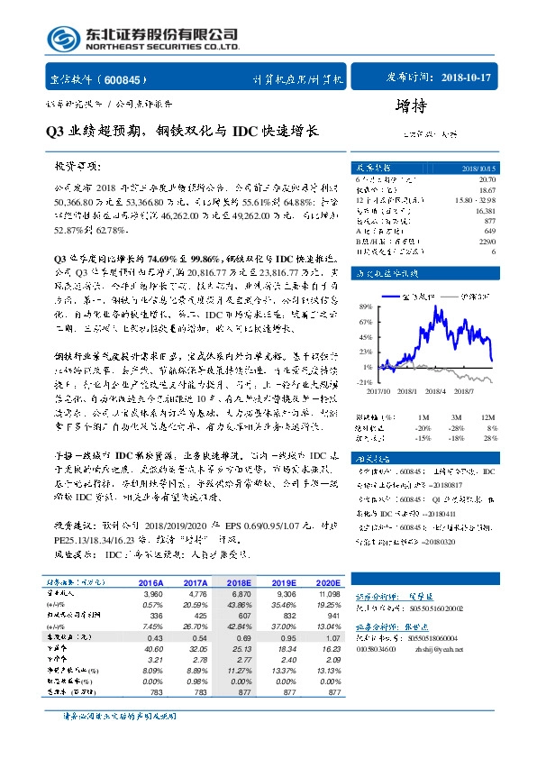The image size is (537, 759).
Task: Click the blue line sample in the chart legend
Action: (396, 294)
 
